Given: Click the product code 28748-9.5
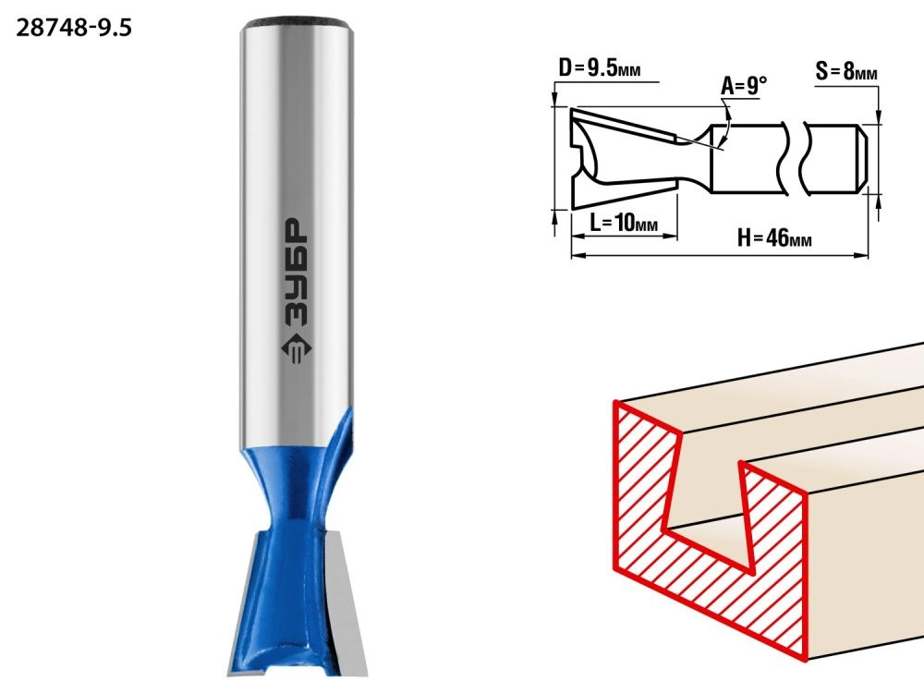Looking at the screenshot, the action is click(74, 28).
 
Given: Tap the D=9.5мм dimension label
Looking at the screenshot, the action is click(600, 68).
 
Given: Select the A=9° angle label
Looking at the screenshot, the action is click(744, 86).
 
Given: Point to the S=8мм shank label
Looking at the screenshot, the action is click(846, 72).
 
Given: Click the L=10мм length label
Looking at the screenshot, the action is click(624, 223).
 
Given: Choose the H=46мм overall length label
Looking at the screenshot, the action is click(774, 238).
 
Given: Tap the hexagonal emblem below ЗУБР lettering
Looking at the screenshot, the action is click(294, 350).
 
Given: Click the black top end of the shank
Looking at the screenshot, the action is click(297, 23).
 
